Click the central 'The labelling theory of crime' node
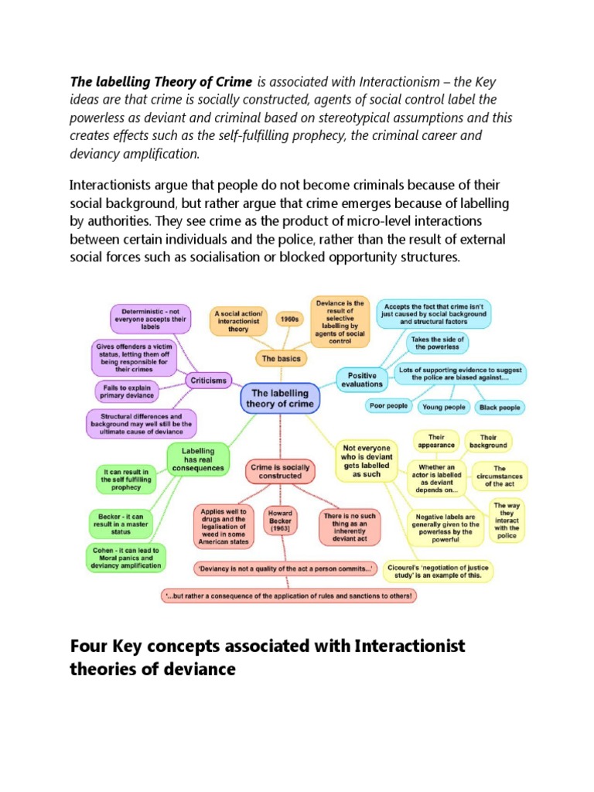click(x=280, y=398)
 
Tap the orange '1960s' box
click(x=289, y=316)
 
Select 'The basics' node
click(x=280, y=358)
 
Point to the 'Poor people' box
click(x=389, y=407)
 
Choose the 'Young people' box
click(x=444, y=407)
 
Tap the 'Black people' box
click(x=500, y=407)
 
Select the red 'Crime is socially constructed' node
click(x=280, y=472)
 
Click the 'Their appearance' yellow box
click(x=437, y=441)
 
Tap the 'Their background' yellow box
click(x=488, y=441)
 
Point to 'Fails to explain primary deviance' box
click(x=127, y=391)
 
